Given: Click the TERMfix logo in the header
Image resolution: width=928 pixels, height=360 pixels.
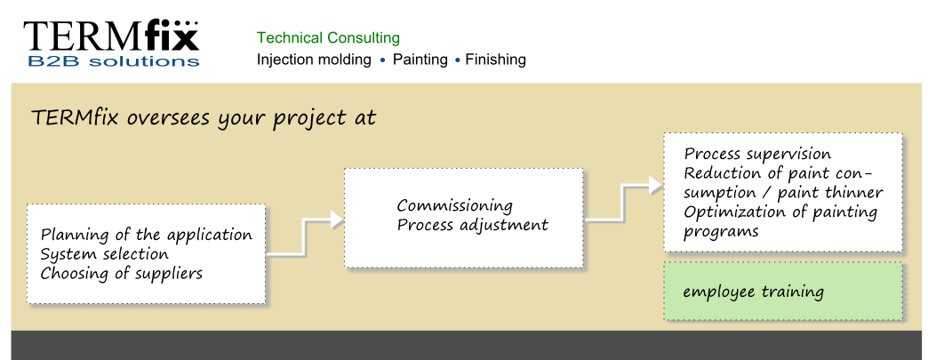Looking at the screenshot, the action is [x=111, y=44].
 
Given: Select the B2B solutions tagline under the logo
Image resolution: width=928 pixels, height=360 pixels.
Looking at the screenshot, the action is [x=114, y=61].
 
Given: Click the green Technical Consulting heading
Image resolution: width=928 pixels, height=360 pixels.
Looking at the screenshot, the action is [x=329, y=38].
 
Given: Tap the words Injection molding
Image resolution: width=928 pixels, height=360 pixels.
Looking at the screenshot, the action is [x=314, y=60].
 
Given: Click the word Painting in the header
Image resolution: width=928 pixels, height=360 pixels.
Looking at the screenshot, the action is [x=420, y=60].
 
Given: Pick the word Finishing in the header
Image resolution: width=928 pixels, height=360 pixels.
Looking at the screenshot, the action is [x=495, y=60].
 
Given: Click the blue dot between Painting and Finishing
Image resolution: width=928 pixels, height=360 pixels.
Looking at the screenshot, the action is [x=457, y=60].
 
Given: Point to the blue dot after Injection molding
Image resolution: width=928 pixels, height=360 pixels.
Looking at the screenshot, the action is [x=382, y=60].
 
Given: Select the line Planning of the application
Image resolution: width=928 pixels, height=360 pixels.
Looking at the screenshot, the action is [x=146, y=235].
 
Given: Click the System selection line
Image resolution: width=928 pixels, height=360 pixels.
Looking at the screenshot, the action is [x=104, y=254].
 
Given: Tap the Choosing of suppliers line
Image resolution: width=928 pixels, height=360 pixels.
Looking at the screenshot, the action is [x=121, y=274].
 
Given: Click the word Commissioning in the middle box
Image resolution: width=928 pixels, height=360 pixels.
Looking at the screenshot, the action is [x=454, y=206].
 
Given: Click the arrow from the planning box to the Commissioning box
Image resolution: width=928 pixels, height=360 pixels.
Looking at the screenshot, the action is [x=304, y=236].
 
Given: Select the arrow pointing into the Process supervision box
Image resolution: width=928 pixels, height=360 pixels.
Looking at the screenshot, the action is [x=622, y=203].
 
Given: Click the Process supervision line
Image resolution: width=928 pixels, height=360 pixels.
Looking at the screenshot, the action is [x=757, y=154].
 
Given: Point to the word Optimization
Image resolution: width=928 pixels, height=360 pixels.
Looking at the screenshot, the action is [x=729, y=212].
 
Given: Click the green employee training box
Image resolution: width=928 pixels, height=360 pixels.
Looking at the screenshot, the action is [x=783, y=292].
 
